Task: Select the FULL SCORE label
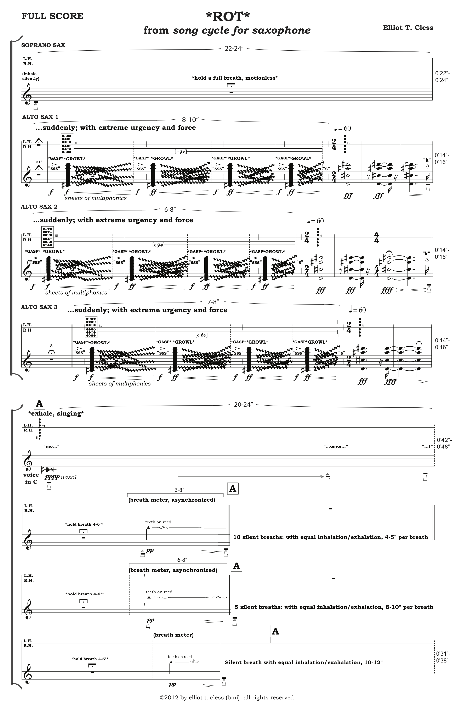tap(52, 16)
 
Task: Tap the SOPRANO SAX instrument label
tap(43, 45)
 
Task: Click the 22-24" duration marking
tap(234, 49)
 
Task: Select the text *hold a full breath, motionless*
tap(234, 78)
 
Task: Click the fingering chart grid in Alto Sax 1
tap(67, 144)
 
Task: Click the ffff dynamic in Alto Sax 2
tap(387, 290)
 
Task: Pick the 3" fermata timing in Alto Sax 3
tap(52, 346)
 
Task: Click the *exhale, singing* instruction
tap(56, 413)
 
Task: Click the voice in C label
tap(31, 478)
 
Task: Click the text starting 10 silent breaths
tap(330, 537)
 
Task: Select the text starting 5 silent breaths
tap(334, 607)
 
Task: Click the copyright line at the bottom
tap(227, 697)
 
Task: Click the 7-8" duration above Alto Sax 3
tap(213, 302)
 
